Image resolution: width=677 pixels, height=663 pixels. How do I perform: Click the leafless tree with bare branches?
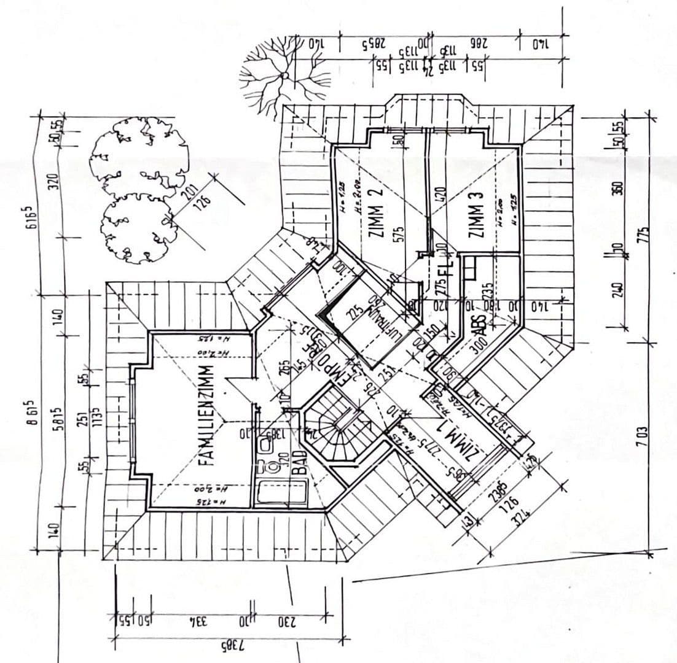tap(284, 75)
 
